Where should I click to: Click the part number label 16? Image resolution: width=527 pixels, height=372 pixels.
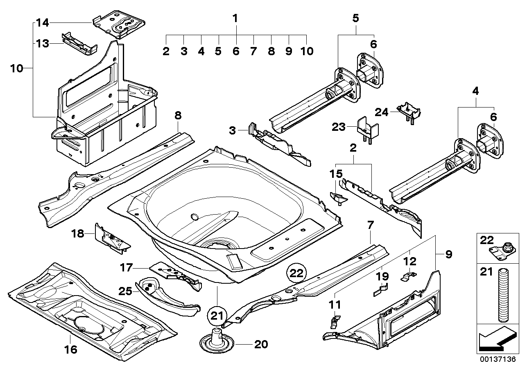click(x=70, y=350)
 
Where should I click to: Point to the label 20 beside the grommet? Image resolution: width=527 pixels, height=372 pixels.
click(x=261, y=345)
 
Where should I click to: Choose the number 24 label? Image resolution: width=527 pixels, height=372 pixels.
click(x=382, y=111)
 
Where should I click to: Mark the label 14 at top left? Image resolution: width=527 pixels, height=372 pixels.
click(x=42, y=23)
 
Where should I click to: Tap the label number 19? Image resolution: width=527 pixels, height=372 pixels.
click(x=382, y=277)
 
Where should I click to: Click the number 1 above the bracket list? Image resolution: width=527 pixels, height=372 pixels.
click(x=235, y=18)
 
